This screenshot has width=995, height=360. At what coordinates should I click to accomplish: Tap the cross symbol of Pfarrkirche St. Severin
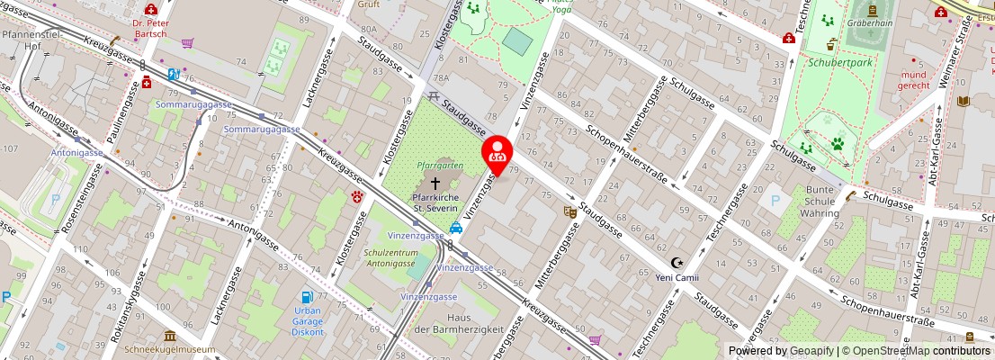tap(435, 183)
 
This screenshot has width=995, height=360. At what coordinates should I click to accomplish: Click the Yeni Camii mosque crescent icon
tap(677, 263)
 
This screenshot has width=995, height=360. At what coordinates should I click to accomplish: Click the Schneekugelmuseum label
tap(170, 349)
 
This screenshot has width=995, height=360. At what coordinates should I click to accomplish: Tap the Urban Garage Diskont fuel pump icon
tap(308, 296)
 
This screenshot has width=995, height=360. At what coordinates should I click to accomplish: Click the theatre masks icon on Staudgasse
tap(569, 211)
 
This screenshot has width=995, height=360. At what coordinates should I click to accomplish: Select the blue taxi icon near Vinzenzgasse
tap(456, 228)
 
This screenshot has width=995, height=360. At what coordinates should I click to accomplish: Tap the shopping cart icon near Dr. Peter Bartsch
tap(187, 42)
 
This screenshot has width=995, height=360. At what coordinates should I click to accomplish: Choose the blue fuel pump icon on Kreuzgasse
tap(173, 75)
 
